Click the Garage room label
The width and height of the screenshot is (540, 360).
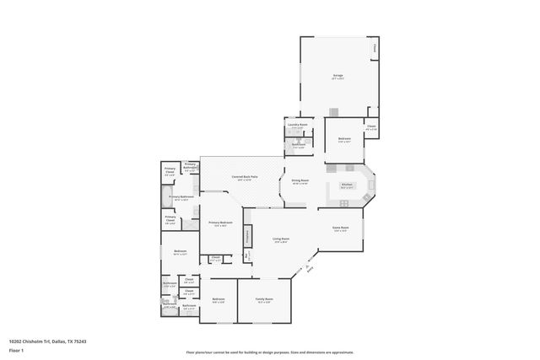(x=337, y=76)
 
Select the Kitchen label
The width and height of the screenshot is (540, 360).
(x=346, y=185)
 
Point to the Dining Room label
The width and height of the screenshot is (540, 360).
(x=300, y=180)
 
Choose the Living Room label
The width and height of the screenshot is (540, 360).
(x=280, y=239)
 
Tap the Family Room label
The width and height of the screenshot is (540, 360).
(x=263, y=299)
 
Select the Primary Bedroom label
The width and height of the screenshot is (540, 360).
(x=221, y=223)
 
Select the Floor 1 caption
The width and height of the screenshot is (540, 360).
(x=16, y=349)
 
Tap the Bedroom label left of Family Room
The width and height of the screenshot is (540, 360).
(x=219, y=299)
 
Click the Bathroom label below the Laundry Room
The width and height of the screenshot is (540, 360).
(x=299, y=144)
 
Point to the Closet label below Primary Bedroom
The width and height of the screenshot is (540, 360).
(x=216, y=258)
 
